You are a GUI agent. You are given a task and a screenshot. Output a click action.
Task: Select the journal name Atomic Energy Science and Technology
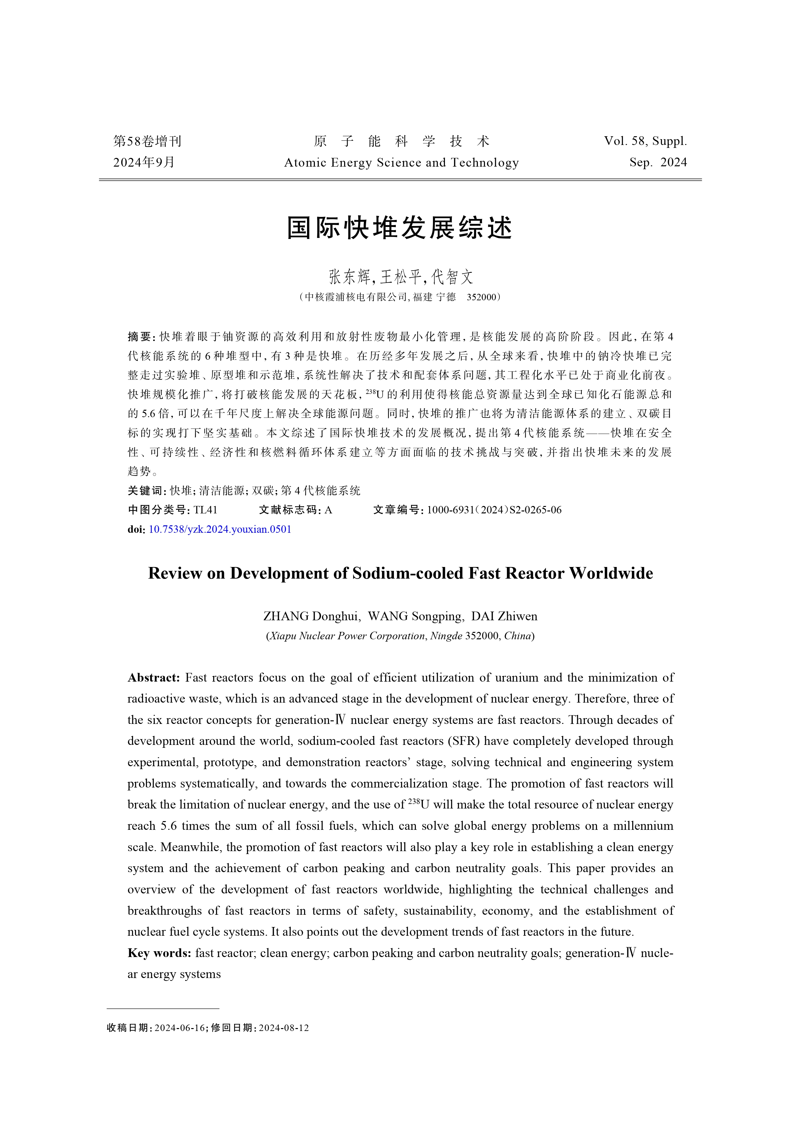[x=401, y=163]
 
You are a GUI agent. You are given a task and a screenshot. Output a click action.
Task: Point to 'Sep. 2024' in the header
[x=658, y=163]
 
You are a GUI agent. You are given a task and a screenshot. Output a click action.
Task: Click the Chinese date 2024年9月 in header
[x=144, y=162]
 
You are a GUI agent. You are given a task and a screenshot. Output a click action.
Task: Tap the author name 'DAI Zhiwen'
[x=504, y=616]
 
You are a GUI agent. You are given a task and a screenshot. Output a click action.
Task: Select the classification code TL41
[x=205, y=510]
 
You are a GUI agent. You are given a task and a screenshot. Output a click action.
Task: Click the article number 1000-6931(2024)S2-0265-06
[x=494, y=510]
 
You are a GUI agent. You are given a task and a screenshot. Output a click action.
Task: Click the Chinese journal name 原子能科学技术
[x=401, y=142]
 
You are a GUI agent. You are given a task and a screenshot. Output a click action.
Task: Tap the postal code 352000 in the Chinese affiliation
[x=481, y=297]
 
